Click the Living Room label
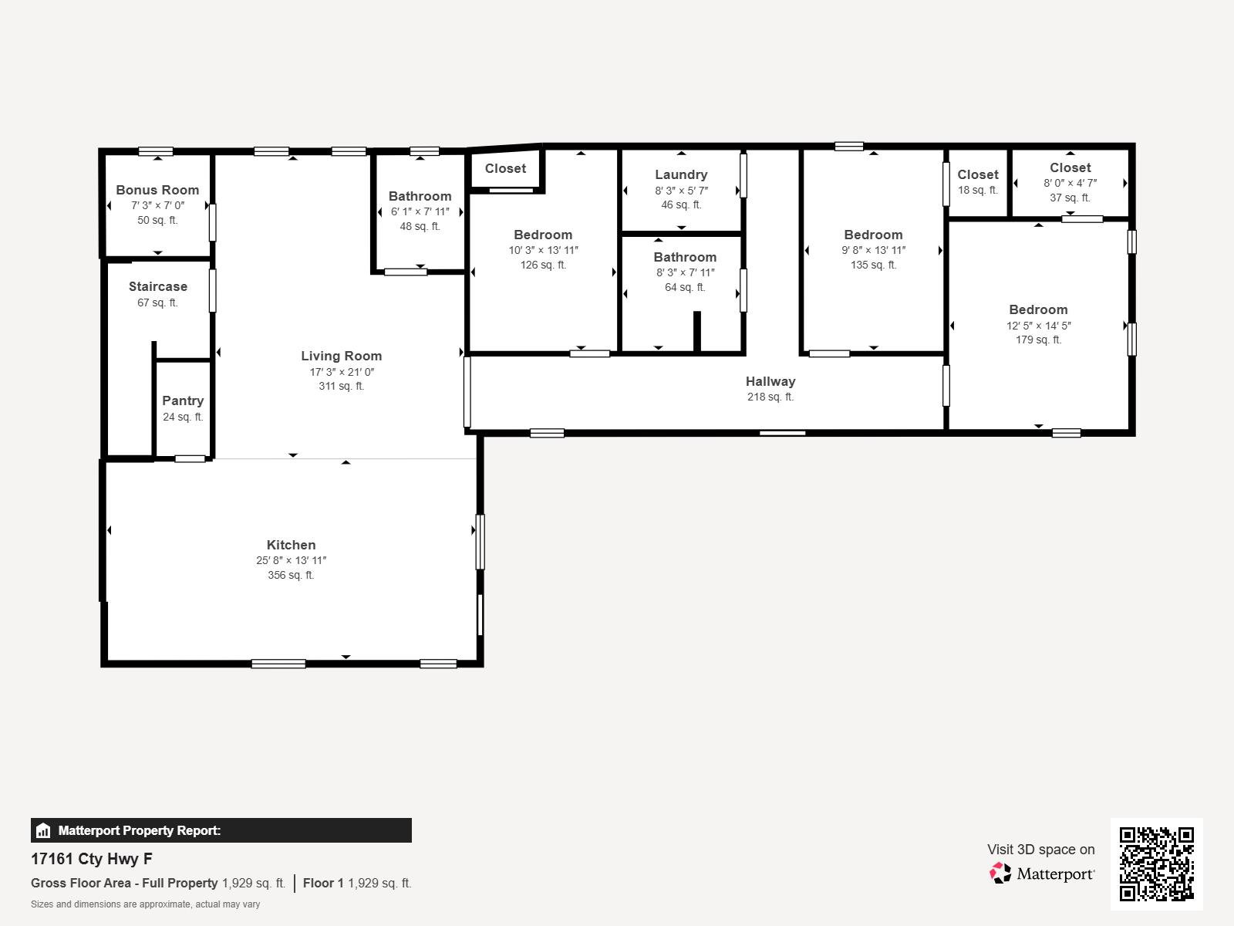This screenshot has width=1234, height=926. click(341, 356)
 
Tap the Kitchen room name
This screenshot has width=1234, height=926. click(292, 545)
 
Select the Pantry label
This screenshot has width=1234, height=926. click(183, 400)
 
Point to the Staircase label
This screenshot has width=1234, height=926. click(158, 287)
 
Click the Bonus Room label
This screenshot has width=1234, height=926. click(157, 190)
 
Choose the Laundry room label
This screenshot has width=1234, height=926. click(681, 175)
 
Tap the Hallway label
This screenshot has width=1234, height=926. click(770, 381)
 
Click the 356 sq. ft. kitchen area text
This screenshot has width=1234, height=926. click(292, 575)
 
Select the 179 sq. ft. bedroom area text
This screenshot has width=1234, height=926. click(1038, 340)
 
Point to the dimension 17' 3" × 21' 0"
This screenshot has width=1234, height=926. click(342, 372)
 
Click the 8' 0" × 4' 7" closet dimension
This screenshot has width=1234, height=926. click(1070, 183)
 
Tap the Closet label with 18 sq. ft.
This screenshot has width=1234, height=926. click(978, 175)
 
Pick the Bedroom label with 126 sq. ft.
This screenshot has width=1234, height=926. click(543, 235)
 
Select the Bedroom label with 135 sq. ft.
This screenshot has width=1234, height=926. click(874, 235)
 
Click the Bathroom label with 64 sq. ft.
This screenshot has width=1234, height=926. click(686, 258)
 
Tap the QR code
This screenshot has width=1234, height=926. click(1156, 864)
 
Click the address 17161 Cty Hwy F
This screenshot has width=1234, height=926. click(92, 859)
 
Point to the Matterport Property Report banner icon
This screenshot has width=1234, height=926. click(43, 830)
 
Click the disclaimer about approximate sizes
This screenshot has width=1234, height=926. click(146, 904)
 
